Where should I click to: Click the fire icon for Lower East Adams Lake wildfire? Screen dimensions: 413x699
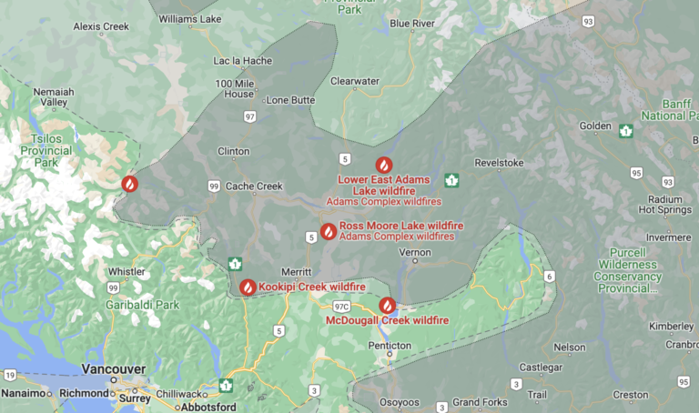[384, 165]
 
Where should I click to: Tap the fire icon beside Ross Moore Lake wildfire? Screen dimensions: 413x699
[328, 231]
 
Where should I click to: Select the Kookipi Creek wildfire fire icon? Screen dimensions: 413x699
[248, 287]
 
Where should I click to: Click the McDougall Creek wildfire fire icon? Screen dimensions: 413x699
[387, 306]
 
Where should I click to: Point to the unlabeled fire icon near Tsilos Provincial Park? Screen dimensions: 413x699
[130, 183]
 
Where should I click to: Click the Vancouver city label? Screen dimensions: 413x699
[113, 369]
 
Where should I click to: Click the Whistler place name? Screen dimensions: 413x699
[127, 271]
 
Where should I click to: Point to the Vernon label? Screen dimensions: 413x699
[415, 251]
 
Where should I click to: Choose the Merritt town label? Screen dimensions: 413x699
[299, 271]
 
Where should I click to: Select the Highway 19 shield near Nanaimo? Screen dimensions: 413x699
[8, 374]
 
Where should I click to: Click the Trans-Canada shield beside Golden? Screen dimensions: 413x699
[625, 131]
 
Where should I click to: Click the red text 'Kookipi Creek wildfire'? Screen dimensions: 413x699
[311, 287]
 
